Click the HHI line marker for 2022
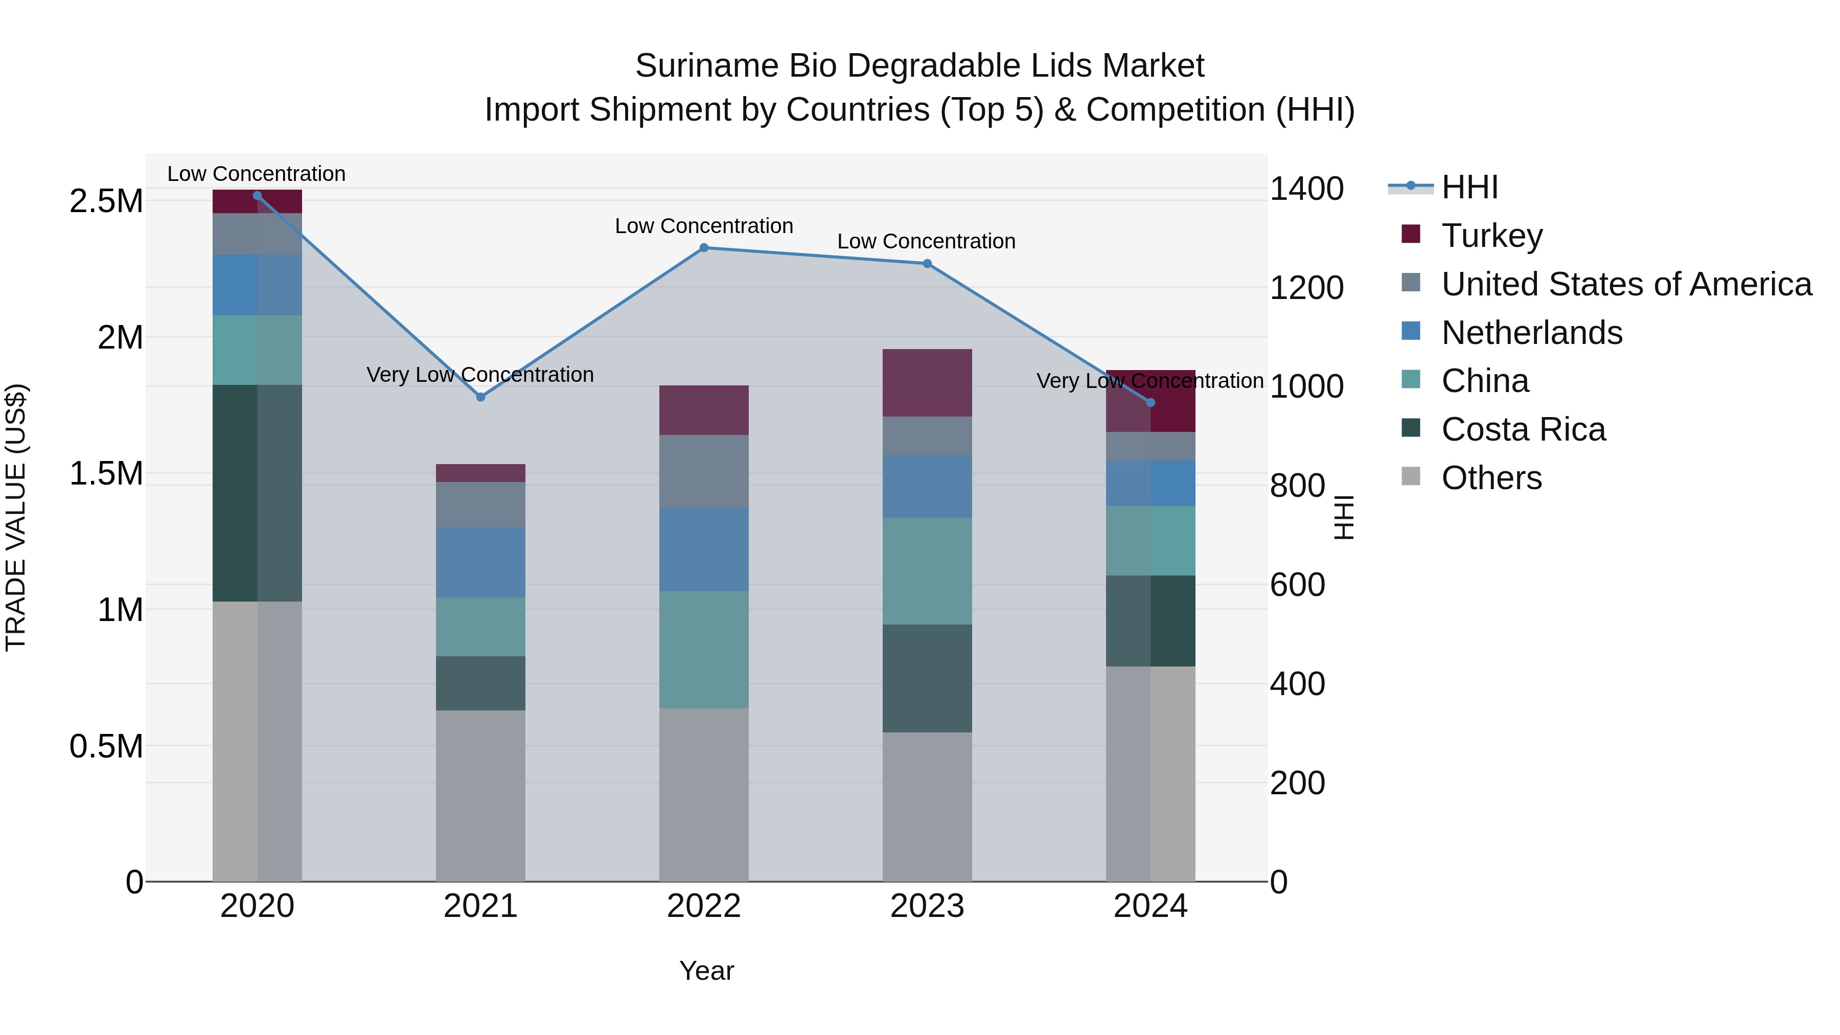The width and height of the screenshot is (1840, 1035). (704, 248)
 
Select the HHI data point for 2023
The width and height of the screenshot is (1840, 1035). (927, 264)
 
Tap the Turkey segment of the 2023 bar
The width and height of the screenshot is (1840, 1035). (927, 383)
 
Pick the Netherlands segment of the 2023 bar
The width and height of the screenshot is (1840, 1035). (927, 487)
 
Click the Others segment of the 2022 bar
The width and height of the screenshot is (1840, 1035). (704, 794)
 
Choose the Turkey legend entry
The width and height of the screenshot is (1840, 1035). (1491, 236)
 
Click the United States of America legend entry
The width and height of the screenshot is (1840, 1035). (1626, 284)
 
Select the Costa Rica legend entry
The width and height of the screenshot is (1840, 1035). (1523, 429)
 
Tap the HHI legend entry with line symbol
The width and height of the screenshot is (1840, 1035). (1468, 187)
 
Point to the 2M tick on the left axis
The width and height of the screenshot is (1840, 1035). (120, 337)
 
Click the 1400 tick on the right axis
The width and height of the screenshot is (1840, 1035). (1306, 189)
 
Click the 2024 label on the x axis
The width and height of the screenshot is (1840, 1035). (1150, 906)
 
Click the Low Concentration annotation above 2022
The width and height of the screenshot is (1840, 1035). (704, 226)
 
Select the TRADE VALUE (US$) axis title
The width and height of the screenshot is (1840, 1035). (16, 517)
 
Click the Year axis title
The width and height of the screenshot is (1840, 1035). (706, 971)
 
